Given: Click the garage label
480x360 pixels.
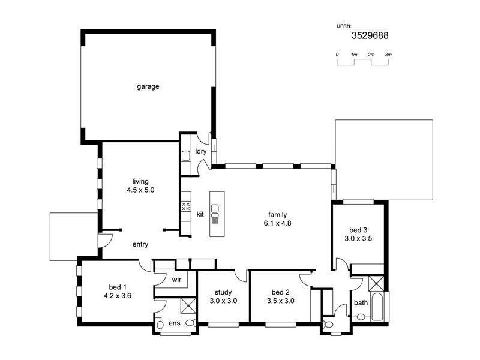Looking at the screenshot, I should pos(148,86).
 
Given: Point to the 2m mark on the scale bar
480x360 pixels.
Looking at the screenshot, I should pos(371,55).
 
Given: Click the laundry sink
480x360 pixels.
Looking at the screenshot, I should pos(186,156).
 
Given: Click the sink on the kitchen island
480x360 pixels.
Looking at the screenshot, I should pos(215,210).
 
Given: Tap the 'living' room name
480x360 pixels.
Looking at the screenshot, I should pos(140,181).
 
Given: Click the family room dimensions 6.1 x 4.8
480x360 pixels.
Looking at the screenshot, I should pos(277,223).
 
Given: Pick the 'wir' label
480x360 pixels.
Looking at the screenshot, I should pos(176,279).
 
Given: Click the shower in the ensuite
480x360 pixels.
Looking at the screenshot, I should pos(188,305).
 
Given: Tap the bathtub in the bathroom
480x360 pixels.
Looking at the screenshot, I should pos(379,305).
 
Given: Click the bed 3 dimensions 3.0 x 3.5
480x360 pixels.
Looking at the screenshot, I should pos(358,238).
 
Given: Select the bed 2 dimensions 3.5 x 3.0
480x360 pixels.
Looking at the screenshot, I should pos(280,301).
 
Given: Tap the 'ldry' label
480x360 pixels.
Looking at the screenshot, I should pos(201,152).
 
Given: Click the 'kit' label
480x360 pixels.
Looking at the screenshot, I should pos(200,214).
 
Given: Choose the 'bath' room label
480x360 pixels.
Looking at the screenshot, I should pos(361,302).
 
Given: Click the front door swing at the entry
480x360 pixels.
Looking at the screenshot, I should pos(106,240).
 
